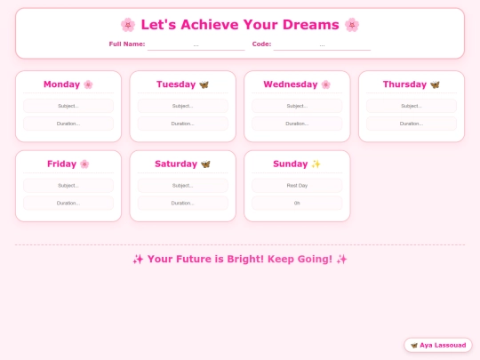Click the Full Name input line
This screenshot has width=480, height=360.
coord(196,44)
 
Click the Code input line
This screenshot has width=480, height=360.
coord(322,44)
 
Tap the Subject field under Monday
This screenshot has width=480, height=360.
coord(68,106)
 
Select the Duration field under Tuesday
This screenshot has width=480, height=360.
coord(182,124)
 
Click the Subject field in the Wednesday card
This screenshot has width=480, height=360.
coord(297,106)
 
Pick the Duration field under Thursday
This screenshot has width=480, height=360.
coord(411,124)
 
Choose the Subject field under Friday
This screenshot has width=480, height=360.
coord(68,186)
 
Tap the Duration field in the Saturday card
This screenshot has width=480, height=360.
coord(182,204)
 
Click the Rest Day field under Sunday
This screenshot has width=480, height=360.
coord(297,186)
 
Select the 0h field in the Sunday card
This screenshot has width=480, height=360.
coord(297,204)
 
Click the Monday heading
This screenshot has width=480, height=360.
coord(61,84)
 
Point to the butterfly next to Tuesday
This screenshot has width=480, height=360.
coord(204,84)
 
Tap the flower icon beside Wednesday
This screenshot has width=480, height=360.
coord(326,84)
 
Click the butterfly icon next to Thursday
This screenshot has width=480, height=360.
coord(435,84)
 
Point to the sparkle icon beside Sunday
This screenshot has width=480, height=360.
coord(316,164)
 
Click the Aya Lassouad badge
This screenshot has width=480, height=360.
coord(437,345)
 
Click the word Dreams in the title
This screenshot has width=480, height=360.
coord(309,25)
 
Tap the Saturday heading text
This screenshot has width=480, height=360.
coord(176,164)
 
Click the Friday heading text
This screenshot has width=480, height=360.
coord(61,164)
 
